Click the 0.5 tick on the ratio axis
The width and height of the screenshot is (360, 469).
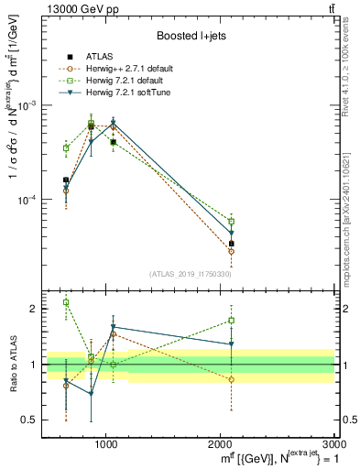(x=33, y=420)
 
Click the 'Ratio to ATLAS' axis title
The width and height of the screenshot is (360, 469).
(x=13, y=365)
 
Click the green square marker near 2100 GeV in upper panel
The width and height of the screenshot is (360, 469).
(x=232, y=222)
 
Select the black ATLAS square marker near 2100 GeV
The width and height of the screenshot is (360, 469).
(x=232, y=244)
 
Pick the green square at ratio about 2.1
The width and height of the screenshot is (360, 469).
(x=66, y=302)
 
